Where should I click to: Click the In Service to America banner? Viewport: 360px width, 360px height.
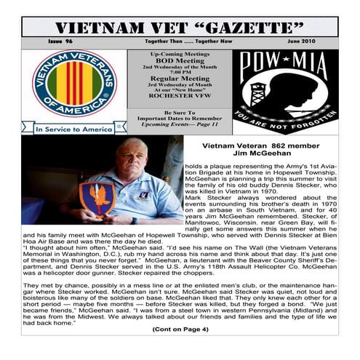click(74, 128)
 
